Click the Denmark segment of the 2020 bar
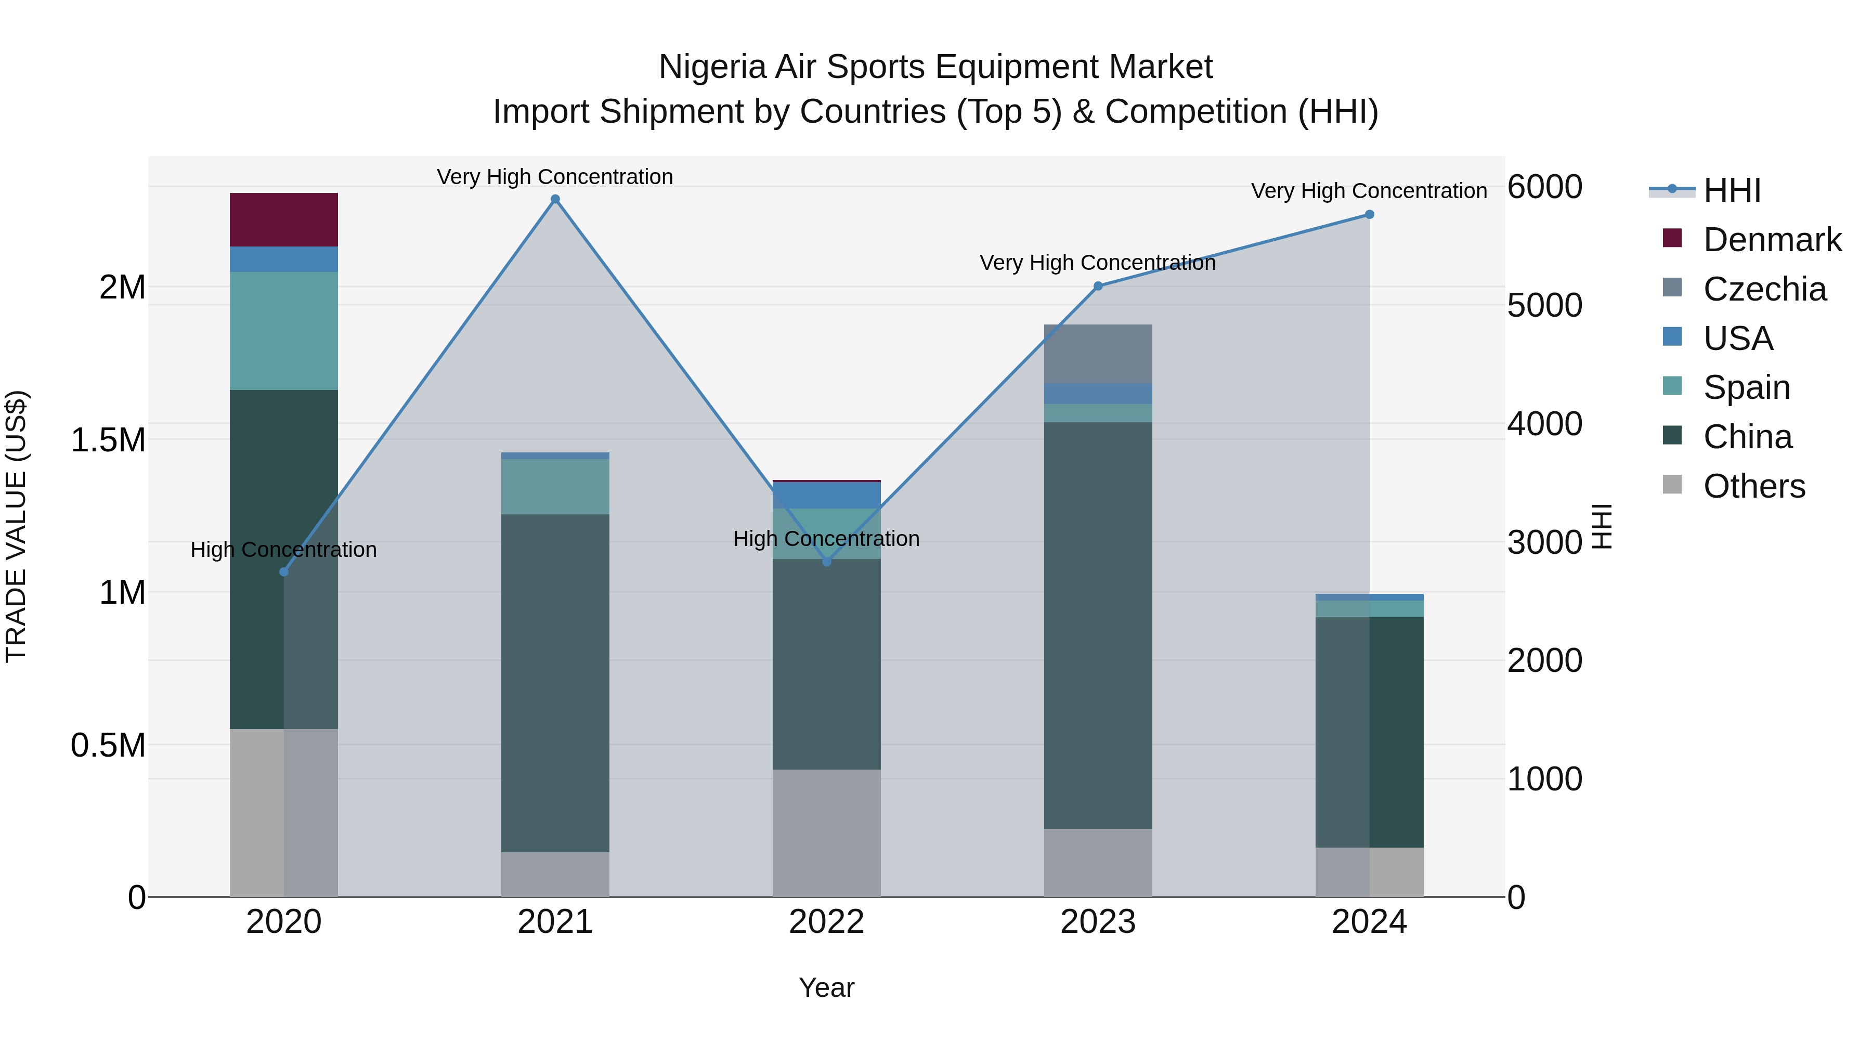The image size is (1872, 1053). click(x=283, y=219)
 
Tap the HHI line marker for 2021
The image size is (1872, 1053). click(x=555, y=199)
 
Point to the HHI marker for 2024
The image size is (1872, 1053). click(x=1369, y=214)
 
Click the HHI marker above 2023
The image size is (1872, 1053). click(x=1098, y=287)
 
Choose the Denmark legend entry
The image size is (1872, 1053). click(x=1772, y=240)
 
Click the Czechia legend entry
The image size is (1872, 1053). click(x=1764, y=289)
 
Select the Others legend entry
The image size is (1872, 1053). click(x=1753, y=486)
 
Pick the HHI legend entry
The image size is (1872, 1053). click(x=1731, y=190)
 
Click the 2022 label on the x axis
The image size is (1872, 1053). click(x=826, y=922)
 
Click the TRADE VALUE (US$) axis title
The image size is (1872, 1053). click(x=16, y=526)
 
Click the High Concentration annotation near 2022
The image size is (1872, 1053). click(x=826, y=539)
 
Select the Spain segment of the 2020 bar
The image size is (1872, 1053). click(x=283, y=331)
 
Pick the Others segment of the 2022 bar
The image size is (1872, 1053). click(x=826, y=833)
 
